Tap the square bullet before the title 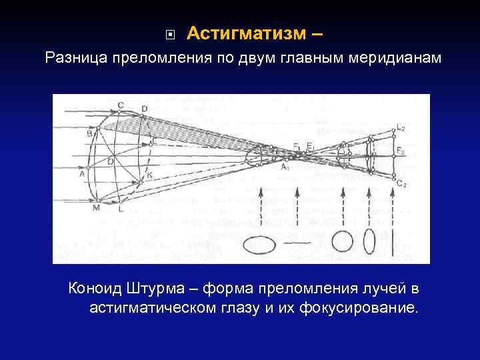pyautogui.click(x=170, y=33)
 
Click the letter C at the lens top pyautogui.click(x=120, y=105)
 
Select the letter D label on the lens pyautogui.click(x=145, y=109)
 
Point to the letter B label pyautogui.click(x=89, y=133)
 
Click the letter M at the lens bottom pyautogui.click(x=96, y=208)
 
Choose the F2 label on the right pyautogui.click(x=400, y=152)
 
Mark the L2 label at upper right pyautogui.click(x=400, y=127)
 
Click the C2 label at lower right pyautogui.click(x=401, y=183)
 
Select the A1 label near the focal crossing pyautogui.click(x=285, y=167)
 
